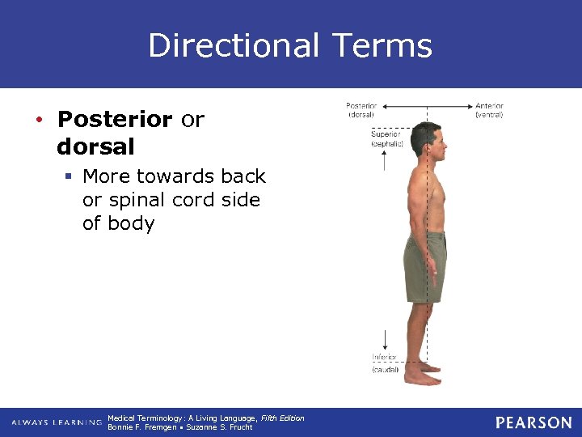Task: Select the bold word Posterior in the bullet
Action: point(115,120)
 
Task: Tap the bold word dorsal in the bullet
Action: point(95,148)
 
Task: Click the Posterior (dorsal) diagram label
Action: point(361,110)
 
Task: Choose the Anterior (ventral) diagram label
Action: point(489,110)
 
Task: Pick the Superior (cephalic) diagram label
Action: point(386,138)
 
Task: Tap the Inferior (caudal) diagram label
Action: point(385,363)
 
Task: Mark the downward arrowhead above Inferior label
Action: point(384,346)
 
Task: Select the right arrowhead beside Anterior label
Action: point(470,106)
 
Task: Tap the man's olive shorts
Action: point(425,265)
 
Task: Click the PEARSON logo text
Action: point(533,422)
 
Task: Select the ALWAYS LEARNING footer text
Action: point(56,422)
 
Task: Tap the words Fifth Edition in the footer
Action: point(282,418)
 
